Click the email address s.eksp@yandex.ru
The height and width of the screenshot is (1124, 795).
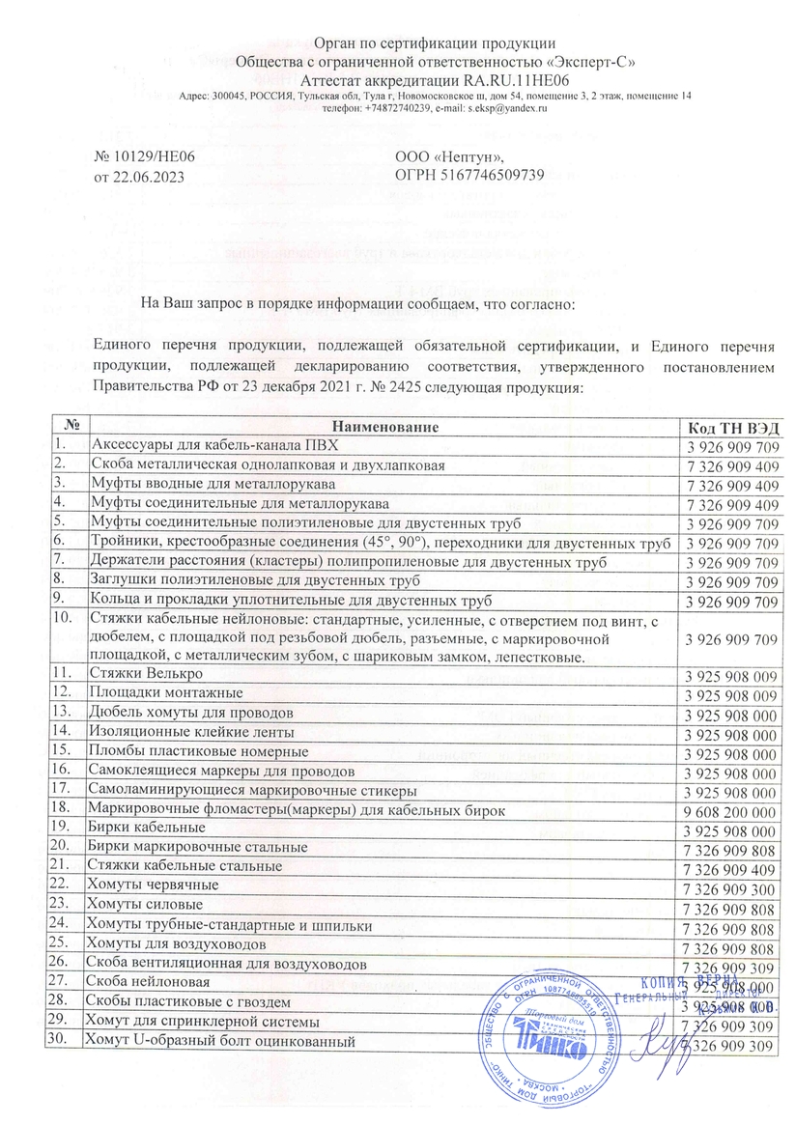coord(507,108)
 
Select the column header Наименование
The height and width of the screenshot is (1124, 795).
coord(381,427)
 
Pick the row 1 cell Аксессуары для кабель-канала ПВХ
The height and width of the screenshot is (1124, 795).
coord(215,445)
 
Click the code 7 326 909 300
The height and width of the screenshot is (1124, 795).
coord(730,885)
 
